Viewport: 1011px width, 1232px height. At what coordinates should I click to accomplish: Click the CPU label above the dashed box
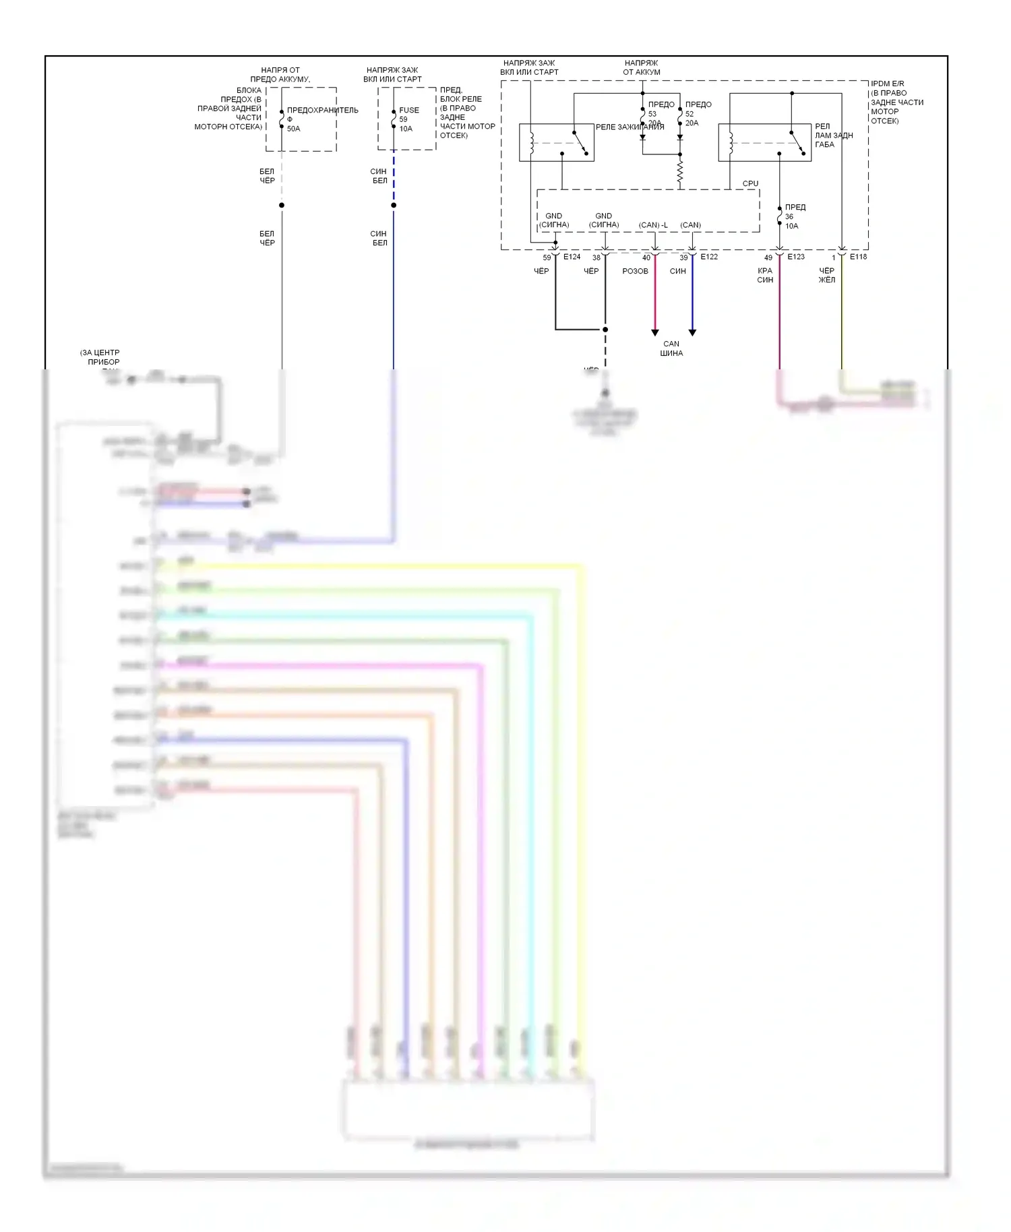click(x=750, y=183)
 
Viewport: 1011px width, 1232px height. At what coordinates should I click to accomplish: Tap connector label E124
click(x=572, y=257)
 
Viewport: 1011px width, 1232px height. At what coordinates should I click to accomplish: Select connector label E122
click(x=709, y=257)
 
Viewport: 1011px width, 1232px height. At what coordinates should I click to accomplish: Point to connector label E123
click(x=796, y=257)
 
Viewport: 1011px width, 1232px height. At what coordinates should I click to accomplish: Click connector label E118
click(x=858, y=257)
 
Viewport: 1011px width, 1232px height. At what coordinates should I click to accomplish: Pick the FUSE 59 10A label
click(x=408, y=119)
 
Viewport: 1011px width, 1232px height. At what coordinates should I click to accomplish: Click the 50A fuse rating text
click(x=294, y=129)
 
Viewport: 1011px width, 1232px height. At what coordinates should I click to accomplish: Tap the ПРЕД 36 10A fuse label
click(x=795, y=216)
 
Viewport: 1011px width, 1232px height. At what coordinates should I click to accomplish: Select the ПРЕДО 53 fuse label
click(x=660, y=109)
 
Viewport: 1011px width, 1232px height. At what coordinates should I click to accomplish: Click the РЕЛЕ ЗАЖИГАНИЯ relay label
click(x=630, y=127)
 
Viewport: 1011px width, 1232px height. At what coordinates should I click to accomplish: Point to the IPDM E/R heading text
click(x=887, y=84)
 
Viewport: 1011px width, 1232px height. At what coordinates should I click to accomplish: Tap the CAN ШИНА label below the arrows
click(x=671, y=348)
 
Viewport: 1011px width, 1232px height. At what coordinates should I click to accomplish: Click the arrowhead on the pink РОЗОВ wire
click(x=655, y=332)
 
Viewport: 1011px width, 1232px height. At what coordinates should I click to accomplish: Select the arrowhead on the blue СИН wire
click(x=692, y=332)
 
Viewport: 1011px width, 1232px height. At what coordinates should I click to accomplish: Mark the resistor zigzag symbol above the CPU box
click(x=680, y=173)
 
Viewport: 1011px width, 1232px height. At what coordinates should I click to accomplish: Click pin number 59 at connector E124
click(x=547, y=257)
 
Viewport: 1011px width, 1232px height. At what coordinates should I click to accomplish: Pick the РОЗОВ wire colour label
click(x=635, y=271)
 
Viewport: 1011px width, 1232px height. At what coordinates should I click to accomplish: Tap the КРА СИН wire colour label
click(x=765, y=275)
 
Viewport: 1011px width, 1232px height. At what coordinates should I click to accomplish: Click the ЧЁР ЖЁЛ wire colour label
click(x=827, y=275)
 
